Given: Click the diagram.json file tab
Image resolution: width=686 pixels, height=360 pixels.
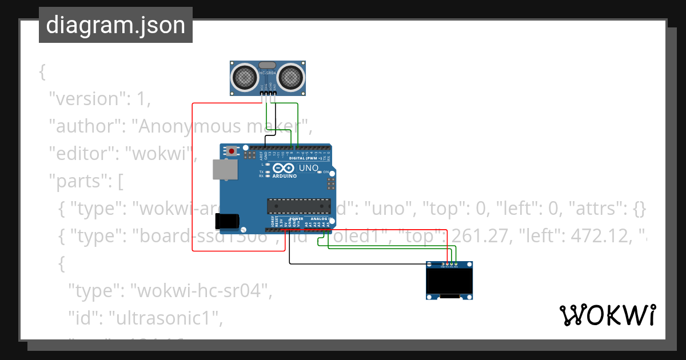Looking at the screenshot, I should tap(115, 25).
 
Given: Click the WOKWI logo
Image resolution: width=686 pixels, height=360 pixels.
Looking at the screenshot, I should tap(607, 315).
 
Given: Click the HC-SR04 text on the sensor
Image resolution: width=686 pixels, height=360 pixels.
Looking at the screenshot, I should tap(268, 73).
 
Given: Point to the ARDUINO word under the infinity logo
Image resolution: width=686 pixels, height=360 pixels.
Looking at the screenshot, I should tap(284, 176).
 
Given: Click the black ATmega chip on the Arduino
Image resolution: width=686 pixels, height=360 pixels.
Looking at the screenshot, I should tap(299, 206).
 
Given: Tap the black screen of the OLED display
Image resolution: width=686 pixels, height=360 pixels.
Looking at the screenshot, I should tap(449, 281).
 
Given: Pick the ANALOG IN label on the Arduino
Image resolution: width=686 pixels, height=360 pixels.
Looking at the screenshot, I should tap(321, 219).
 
